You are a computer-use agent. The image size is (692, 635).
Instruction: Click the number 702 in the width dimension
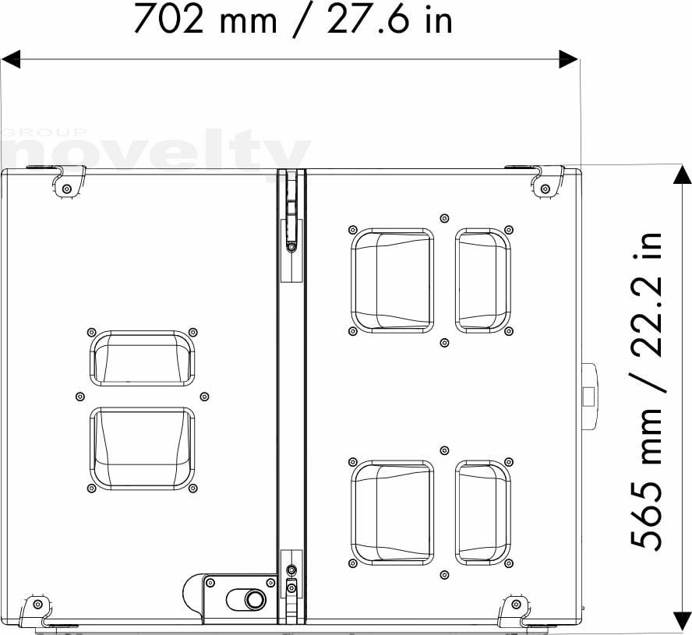click(168, 19)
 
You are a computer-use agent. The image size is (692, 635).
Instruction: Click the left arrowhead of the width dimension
click(11, 58)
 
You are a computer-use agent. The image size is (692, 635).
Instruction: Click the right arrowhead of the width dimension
click(568, 58)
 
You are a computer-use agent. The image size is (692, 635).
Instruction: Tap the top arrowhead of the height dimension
click(682, 175)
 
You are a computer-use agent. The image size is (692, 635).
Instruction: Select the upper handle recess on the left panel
click(142, 358)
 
